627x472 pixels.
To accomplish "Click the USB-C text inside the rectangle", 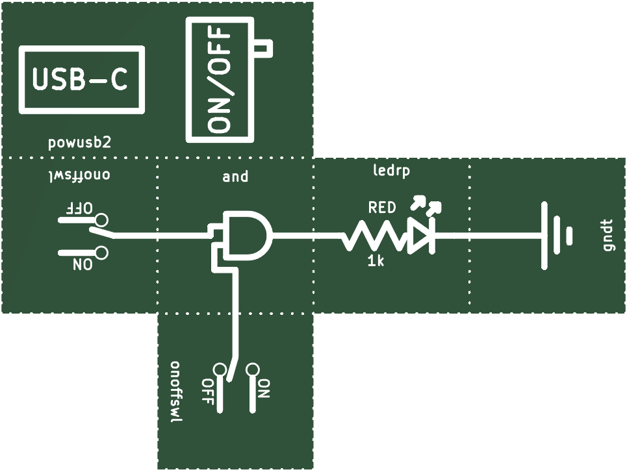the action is pos(80,79).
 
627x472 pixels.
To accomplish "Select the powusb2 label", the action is pos(79,143).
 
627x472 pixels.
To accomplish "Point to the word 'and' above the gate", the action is pos(235,176).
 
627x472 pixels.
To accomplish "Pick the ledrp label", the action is pos(392,171).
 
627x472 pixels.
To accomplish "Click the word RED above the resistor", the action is pos(382,207).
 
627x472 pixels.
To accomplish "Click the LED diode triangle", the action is pos(418,236).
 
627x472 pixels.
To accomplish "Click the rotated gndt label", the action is pos(608,235).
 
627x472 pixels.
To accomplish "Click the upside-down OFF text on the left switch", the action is pos(79,208).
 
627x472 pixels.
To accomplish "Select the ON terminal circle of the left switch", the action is pos(101,253).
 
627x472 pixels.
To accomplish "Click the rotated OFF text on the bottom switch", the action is pos(207,391).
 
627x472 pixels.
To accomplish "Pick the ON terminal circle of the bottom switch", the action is pos(252,369).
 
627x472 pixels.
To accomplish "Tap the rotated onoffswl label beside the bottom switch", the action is pos(176,393).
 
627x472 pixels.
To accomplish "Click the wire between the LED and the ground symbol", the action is pos(488,236).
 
